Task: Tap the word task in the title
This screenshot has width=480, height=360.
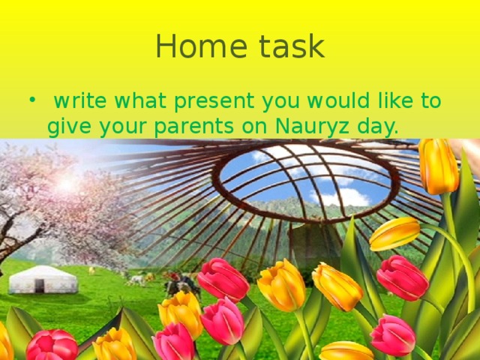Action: [x=288, y=47]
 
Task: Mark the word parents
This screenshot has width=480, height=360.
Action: [x=195, y=127]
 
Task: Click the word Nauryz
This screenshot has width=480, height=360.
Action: [x=316, y=127]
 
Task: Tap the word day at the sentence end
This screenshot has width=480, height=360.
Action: [x=377, y=127]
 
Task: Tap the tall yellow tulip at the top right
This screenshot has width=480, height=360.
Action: [x=438, y=166]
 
